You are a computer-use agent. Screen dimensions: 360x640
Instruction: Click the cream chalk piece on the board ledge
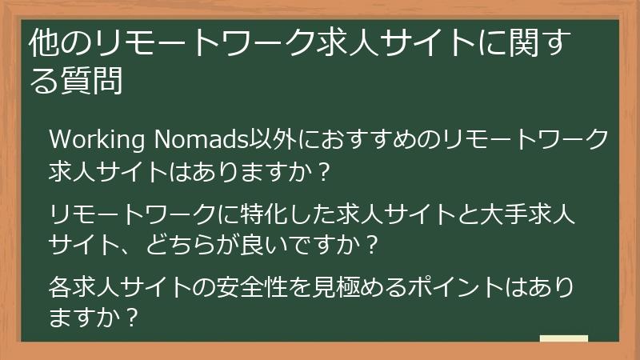pos(564,338)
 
